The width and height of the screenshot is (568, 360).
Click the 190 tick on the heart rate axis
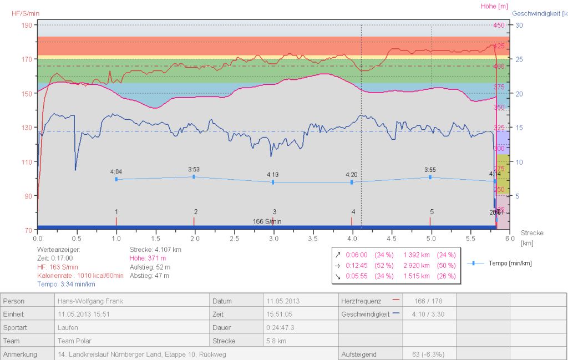point(27,25)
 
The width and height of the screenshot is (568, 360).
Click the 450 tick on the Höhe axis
point(499,25)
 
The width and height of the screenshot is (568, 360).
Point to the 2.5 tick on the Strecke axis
point(234,238)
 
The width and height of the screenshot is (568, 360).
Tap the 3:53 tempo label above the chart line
point(194,169)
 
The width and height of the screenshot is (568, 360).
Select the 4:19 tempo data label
point(272,174)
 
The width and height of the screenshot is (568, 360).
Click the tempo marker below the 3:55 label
point(430,177)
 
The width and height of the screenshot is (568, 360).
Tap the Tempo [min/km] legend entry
point(510,263)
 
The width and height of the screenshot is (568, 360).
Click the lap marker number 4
point(353,212)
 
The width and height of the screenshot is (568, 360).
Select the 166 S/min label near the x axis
point(267,221)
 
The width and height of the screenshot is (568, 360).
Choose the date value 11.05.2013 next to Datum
point(283,301)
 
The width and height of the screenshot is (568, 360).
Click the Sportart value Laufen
point(68,327)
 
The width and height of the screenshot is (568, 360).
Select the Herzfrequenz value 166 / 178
point(428,301)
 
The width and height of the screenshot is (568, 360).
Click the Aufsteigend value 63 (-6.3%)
point(428,354)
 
